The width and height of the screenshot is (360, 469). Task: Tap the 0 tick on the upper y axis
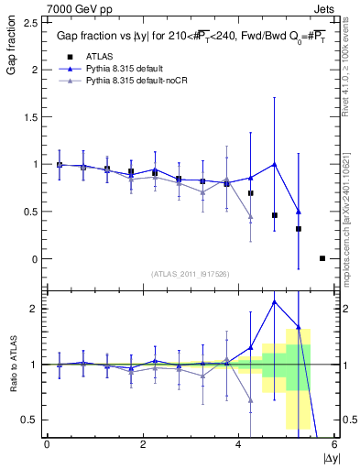coord(37,259)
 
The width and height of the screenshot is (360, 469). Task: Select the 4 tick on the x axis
coord(239,443)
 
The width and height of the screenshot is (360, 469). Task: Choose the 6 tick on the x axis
coord(335,443)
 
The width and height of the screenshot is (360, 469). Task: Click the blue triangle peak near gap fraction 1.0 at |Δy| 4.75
coord(275,164)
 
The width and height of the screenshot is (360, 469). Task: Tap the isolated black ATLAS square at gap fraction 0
coord(322,258)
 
